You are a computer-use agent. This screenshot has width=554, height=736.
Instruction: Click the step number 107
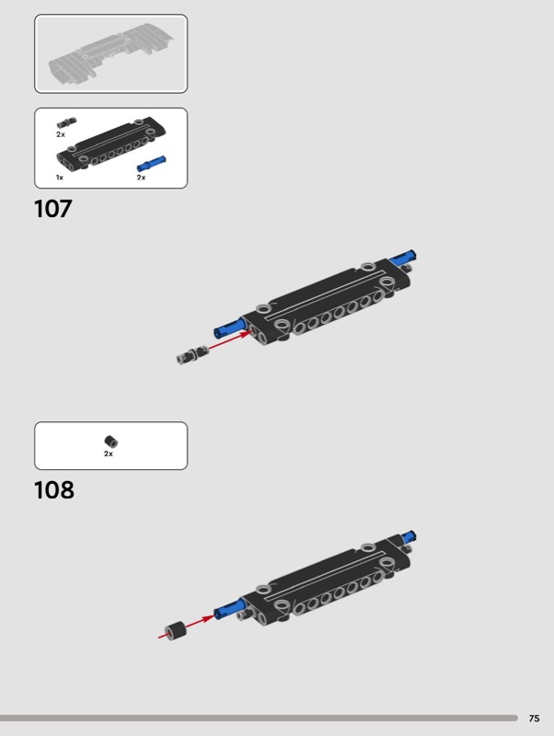coord(53,209)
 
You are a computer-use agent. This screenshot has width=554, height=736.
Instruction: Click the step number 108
coord(54,489)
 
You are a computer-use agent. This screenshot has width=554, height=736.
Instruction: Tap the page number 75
coord(535,719)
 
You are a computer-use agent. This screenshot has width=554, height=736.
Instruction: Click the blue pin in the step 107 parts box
coord(152,163)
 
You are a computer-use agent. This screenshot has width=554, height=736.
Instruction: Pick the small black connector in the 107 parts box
coord(64,122)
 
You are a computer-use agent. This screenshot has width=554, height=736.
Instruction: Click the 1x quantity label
coord(60,177)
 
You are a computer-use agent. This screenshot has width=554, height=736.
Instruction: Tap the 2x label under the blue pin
coord(141,177)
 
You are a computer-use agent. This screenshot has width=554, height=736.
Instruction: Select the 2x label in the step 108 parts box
coord(109,454)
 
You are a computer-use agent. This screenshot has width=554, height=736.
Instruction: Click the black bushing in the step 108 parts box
coord(110,441)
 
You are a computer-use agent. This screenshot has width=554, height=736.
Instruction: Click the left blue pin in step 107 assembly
coord(228,327)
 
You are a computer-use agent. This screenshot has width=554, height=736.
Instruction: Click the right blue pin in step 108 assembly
coord(408,536)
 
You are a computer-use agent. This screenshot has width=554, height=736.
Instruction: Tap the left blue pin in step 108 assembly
coord(227,608)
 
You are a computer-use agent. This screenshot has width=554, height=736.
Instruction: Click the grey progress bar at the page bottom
coord(259,718)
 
